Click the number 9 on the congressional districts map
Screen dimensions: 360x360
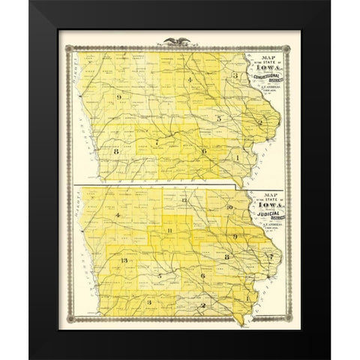(118, 98)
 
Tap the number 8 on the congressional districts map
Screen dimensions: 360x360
(117, 151)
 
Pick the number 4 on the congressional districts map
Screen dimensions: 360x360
(191, 79)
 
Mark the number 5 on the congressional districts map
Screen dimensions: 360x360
(218, 118)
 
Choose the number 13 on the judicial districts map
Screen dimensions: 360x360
(123, 260)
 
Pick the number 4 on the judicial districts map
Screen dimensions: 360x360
(118, 216)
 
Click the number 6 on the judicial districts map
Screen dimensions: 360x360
(202, 277)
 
